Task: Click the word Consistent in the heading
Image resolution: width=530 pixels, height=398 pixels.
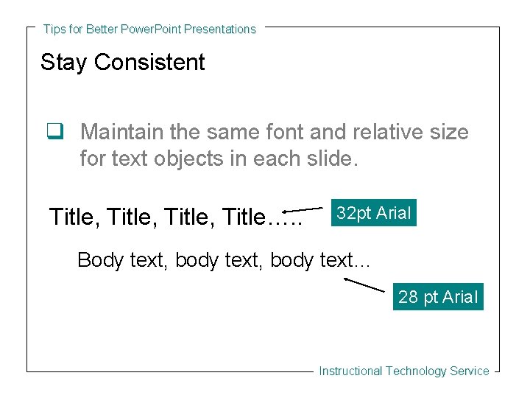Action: click(149, 63)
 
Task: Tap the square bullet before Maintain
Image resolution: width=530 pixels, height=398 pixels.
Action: click(53, 133)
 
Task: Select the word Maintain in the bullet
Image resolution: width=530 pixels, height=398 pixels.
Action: click(121, 133)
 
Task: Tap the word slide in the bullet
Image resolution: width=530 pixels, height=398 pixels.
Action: click(328, 158)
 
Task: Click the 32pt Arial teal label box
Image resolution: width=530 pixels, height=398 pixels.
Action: click(374, 213)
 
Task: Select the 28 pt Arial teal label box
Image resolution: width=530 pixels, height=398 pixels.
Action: click(438, 297)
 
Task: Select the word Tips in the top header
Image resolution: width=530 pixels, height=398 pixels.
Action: click(54, 29)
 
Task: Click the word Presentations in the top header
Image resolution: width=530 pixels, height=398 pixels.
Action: click(220, 29)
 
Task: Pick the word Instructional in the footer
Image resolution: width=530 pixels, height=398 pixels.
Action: click(350, 371)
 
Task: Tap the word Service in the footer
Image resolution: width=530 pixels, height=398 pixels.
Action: click(470, 371)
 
